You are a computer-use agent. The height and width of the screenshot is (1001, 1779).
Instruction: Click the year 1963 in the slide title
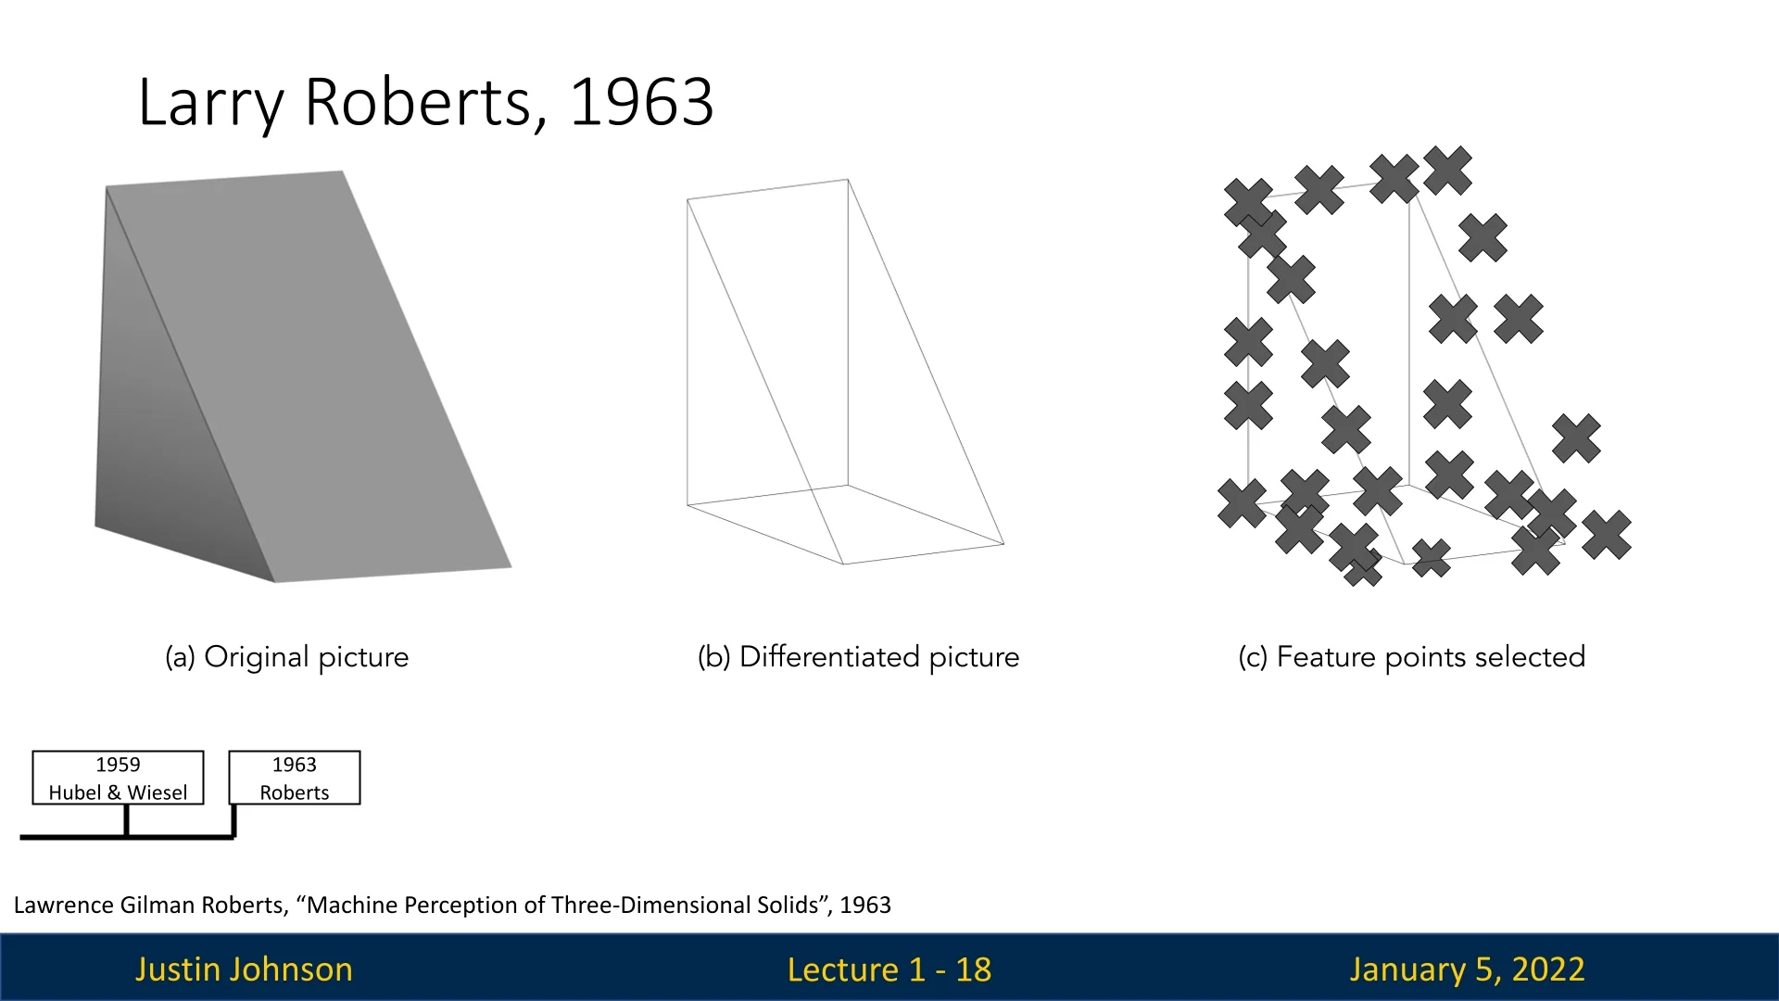click(641, 101)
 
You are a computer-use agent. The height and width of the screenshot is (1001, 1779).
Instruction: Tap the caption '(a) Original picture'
click(286, 657)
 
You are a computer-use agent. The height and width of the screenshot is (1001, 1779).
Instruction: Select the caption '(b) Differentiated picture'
click(858, 657)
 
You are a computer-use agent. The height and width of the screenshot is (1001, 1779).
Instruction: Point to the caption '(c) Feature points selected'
click(1412, 657)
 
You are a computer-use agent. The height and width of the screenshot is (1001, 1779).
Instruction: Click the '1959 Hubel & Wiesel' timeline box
click(118, 778)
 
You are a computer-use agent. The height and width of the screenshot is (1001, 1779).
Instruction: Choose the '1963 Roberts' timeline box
click(295, 778)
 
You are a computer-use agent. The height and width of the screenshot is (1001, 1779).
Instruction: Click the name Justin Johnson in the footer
click(244, 969)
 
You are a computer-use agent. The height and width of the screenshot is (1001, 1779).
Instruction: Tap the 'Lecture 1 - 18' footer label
click(889, 969)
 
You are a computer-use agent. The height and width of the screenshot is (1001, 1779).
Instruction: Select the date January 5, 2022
click(1467, 969)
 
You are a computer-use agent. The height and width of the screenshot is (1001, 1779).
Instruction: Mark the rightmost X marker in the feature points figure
click(1607, 534)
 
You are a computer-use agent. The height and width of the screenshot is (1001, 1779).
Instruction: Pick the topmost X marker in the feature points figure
click(1447, 171)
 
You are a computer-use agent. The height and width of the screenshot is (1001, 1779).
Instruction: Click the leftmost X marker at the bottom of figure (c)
click(1242, 503)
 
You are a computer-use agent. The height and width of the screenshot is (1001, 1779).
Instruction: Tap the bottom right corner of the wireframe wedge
click(1003, 544)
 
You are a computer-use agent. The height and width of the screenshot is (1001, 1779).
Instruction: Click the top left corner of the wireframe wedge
click(688, 199)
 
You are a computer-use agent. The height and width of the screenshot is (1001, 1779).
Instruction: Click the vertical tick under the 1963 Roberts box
click(234, 821)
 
